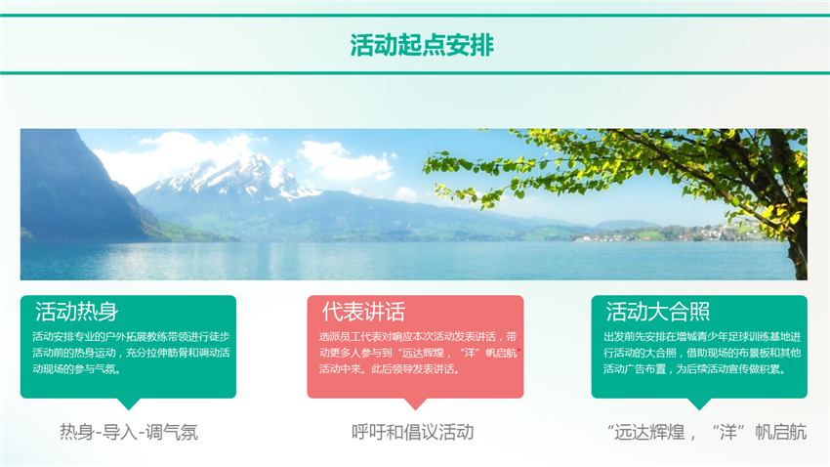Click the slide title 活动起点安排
[x=415, y=45]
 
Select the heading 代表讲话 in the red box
[x=363, y=313]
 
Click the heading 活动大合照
[x=657, y=313]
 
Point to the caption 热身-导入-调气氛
[x=128, y=432]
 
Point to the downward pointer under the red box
[x=415, y=403]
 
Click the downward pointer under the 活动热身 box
[x=128, y=403]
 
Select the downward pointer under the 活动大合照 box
[x=699, y=403]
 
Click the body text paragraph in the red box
[x=415, y=354]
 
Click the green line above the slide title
[x=415, y=16]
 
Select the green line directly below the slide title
[x=415, y=73]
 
